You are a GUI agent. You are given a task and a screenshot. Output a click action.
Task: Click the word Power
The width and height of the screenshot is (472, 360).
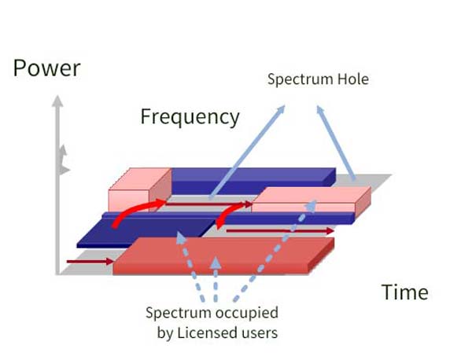pos(46,68)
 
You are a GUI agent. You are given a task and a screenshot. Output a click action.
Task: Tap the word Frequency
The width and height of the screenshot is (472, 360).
pos(190,117)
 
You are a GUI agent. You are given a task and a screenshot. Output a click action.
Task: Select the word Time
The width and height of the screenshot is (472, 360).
pos(405,292)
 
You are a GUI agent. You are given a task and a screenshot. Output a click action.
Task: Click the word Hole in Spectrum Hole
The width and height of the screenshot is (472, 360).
pos(351,79)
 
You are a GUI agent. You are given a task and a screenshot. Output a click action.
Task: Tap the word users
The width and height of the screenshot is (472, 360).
pos(260,332)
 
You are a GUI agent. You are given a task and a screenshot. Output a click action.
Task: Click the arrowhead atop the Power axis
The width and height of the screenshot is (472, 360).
pos(56,101)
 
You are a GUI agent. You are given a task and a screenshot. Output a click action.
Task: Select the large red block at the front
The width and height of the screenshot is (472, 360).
pos(220,255)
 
